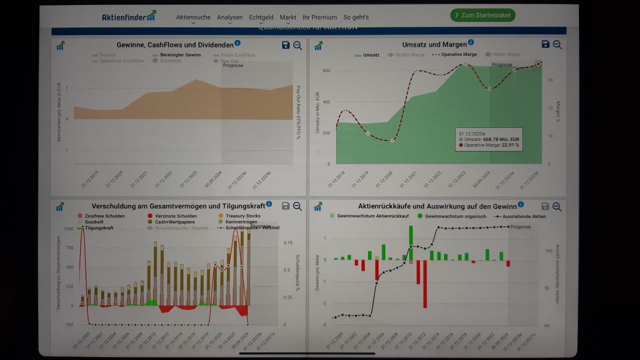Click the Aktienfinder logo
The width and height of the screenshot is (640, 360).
pyautogui.click(x=129, y=16)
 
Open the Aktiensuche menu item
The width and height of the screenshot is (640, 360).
pyautogui.click(x=193, y=17)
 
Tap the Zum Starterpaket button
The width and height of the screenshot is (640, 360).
pyautogui.click(x=482, y=15)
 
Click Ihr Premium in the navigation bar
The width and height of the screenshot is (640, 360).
pyautogui.click(x=319, y=17)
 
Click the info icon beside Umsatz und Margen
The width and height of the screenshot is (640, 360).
pyautogui.click(x=471, y=43)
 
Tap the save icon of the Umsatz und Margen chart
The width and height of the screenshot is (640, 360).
pyautogui.click(x=545, y=44)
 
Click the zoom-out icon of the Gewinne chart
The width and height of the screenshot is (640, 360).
pyautogui.click(x=297, y=45)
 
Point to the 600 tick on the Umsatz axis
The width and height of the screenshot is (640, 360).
pyautogui.click(x=326, y=70)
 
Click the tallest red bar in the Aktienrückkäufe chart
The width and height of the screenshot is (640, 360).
pyautogui.click(x=424, y=283)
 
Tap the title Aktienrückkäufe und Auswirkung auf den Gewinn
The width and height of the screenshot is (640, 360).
pyautogui.click(x=437, y=206)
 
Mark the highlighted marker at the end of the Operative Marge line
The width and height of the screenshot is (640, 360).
pyautogui.click(x=538, y=64)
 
